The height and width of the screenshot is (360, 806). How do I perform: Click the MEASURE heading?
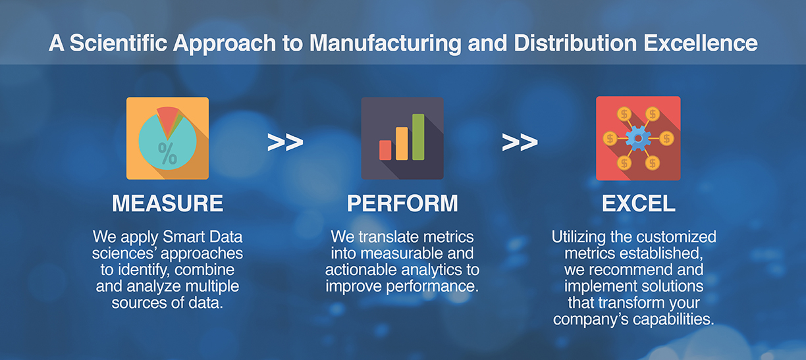167,203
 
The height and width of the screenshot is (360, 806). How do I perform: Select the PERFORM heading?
402,203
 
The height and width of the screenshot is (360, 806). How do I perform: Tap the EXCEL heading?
638,203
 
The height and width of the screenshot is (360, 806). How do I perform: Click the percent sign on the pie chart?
167,153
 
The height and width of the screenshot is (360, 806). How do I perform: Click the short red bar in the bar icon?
385,150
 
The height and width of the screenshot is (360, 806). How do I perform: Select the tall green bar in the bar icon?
418,137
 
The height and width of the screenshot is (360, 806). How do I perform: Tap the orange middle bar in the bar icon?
402,143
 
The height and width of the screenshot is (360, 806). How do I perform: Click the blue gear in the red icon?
638,138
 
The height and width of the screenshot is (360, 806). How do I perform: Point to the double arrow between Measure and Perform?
285,142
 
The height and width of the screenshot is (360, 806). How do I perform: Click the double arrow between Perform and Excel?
520,142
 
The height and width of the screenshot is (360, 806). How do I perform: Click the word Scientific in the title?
119,43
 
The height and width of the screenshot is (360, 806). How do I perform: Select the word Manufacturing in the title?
385,44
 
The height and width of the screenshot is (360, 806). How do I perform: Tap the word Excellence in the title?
701,43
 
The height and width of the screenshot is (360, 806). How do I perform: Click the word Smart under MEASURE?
178,237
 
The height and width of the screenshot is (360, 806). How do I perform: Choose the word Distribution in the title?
576,43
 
